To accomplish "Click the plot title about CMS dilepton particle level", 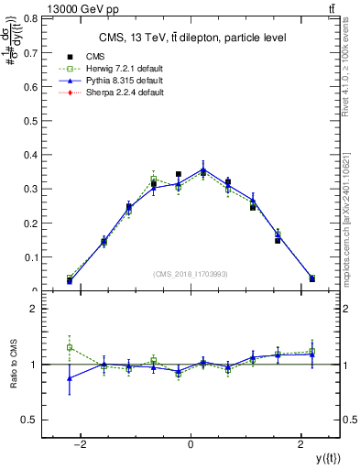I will pos(190,38).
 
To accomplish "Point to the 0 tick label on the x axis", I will pos(191,444).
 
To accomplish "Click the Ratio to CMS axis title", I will pos(13,365).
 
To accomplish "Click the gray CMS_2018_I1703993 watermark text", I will pos(190,274).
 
